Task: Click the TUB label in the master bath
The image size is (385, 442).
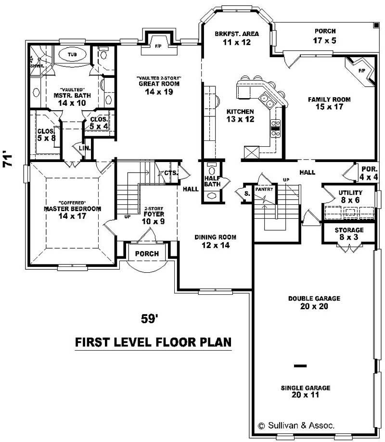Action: click(72, 54)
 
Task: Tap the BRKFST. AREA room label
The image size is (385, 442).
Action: click(236, 34)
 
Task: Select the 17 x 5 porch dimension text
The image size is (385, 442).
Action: click(323, 40)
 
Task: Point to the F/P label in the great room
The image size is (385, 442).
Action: click(157, 46)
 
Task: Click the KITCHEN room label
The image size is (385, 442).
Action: click(240, 112)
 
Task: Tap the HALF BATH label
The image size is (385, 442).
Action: click(212, 181)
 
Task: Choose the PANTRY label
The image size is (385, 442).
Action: click(264, 189)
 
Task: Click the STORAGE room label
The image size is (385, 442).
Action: click(349, 230)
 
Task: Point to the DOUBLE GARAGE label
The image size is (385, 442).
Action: click(314, 298)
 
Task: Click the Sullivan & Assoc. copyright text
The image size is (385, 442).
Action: click(296, 426)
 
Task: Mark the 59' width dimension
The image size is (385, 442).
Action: click(149, 318)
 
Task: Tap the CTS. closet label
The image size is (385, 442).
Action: click(171, 173)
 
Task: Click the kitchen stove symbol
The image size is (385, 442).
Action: click(276, 126)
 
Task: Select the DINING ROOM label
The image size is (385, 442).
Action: click(216, 237)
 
